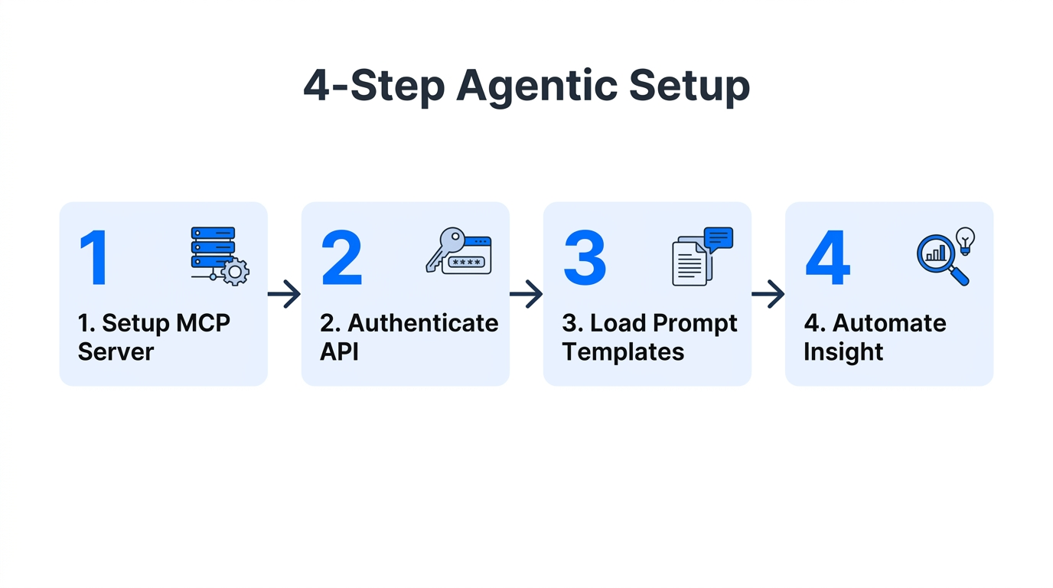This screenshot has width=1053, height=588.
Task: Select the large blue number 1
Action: pos(94,258)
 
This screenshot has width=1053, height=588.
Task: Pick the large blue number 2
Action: pos(341,258)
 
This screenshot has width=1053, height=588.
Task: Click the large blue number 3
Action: pos(585,258)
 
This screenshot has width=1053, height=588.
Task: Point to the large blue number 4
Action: pos(827,258)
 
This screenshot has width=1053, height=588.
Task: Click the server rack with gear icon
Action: pos(219,256)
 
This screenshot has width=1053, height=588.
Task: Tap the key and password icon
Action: pos(458,251)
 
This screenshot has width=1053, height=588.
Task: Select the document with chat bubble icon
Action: pos(701,256)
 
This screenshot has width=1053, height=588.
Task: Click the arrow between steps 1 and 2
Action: pos(284,294)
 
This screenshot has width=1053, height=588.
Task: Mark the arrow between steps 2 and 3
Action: pos(526,294)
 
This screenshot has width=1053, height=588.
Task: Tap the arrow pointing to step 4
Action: pos(768,294)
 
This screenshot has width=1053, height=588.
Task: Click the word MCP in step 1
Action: pos(203,323)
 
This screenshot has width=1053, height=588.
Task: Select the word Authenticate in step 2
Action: pos(422,323)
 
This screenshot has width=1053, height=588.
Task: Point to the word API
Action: pos(339,351)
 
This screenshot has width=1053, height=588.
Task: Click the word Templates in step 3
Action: pos(623,351)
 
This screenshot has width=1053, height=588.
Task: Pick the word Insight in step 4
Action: pos(843,351)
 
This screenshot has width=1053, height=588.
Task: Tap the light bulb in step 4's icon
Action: pos(965,239)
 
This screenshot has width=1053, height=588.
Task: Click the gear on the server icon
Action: pos(235,272)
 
